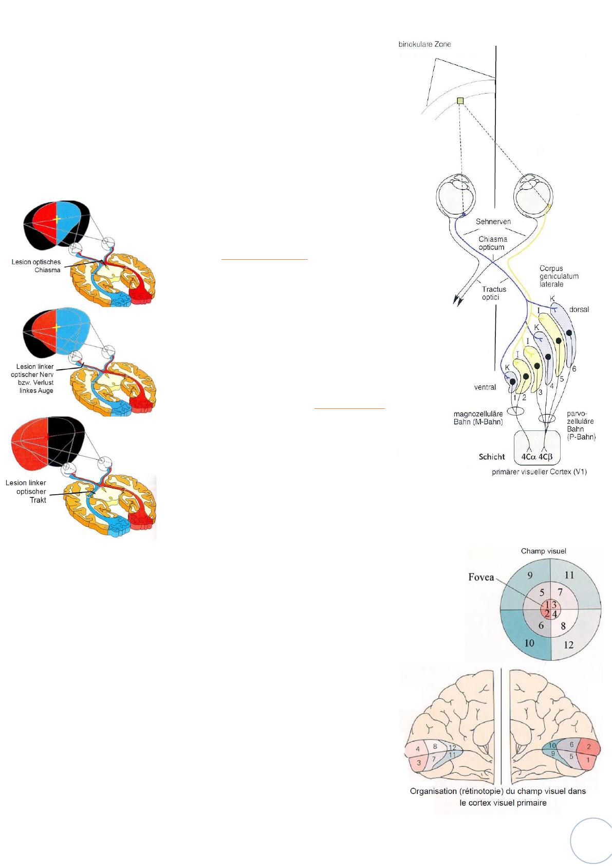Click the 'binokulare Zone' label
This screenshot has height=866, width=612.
pyautogui.click(x=425, y=44)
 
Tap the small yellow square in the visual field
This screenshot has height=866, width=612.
pyautogui.click(x=460, y=101)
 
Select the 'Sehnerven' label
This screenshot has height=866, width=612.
pyautogui.click(x=493, y=222)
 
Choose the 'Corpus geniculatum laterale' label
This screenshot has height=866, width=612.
pyautogui.click(x=559, y=276)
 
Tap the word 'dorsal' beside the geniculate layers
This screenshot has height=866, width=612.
pyautogui.click(x=579, y=310)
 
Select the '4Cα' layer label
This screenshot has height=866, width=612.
pyautogui.click(x=528, y=457)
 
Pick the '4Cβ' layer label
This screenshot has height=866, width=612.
pyautogui.click(x=548, y=457)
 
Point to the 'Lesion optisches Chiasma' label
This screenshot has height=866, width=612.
pyautogui.click(x=36, y=266)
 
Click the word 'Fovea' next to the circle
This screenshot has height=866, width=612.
pyautogui.click(x=481, y=577)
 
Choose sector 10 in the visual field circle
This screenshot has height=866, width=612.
pyautogui.click(x=529, y=642)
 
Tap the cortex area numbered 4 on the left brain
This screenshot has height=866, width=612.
pyautogui.click(x=418, y=749)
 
